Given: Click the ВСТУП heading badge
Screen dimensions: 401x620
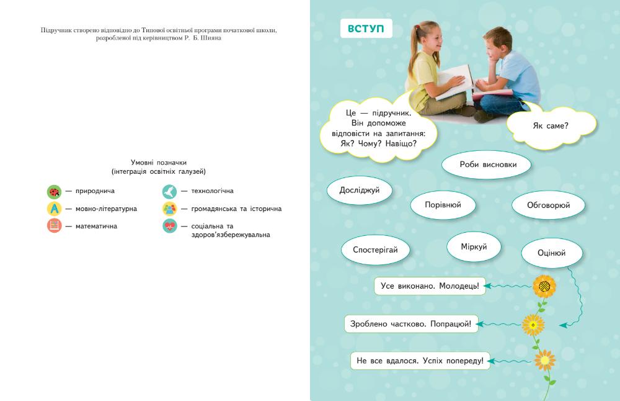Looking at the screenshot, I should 366,29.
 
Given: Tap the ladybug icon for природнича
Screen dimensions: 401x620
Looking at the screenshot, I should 55,191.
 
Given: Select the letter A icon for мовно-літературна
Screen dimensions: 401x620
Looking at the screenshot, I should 55,209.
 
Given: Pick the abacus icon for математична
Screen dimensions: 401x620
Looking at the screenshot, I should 55,226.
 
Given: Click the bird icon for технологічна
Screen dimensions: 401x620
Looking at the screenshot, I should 169,191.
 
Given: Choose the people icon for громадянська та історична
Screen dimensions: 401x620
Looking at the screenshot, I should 169,209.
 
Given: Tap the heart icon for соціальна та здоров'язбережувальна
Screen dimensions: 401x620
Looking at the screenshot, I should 169,226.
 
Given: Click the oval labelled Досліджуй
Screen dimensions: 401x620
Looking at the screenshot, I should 360,191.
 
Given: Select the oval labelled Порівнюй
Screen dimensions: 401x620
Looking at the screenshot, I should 443,204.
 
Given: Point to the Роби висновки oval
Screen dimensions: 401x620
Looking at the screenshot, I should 488,165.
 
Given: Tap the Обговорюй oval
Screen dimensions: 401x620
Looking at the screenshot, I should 548,205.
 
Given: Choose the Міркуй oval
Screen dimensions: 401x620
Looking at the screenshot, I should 474,247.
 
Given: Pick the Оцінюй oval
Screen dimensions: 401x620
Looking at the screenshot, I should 552,253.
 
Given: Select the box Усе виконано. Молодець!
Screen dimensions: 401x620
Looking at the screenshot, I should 429,286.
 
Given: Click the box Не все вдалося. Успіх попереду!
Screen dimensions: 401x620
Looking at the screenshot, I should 420,361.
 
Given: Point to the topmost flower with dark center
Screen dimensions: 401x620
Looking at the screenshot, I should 544,286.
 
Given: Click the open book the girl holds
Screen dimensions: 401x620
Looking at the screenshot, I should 456,81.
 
